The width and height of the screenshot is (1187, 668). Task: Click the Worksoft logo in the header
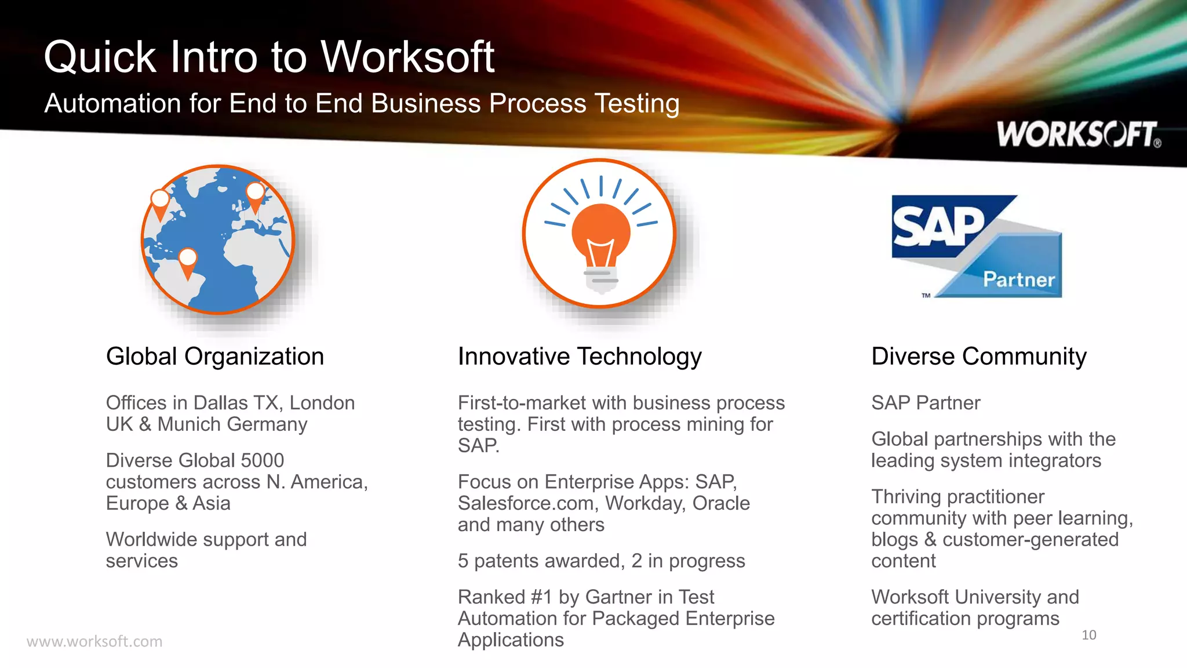1078,135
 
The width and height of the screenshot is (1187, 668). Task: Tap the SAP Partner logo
977,246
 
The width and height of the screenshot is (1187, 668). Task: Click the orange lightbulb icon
600,238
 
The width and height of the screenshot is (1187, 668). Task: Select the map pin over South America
188,262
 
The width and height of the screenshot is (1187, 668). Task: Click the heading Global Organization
215,356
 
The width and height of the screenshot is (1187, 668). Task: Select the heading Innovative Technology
580,356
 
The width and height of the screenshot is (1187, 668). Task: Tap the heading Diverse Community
979,356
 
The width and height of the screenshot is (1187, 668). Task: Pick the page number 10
1088,635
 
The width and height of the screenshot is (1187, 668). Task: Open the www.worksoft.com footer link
94,641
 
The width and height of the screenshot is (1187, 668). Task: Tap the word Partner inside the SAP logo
1019,279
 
